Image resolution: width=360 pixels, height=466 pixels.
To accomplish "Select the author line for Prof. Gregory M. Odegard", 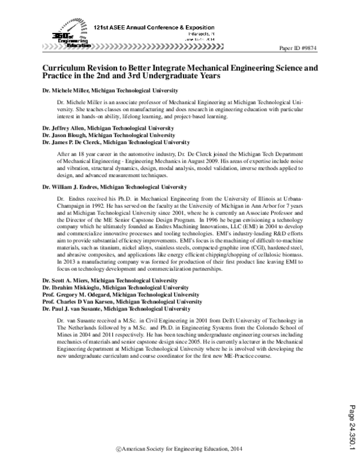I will click(121, 295).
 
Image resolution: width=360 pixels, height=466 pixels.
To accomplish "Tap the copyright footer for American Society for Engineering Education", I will click(180, 449).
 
